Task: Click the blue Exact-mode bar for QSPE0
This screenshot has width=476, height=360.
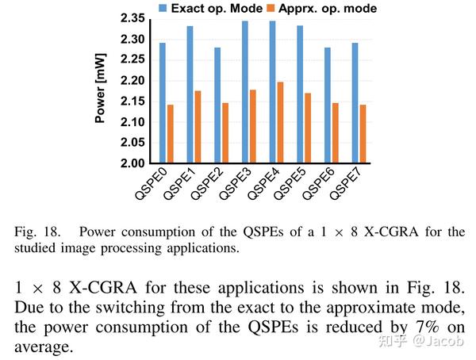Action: point(162,103)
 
